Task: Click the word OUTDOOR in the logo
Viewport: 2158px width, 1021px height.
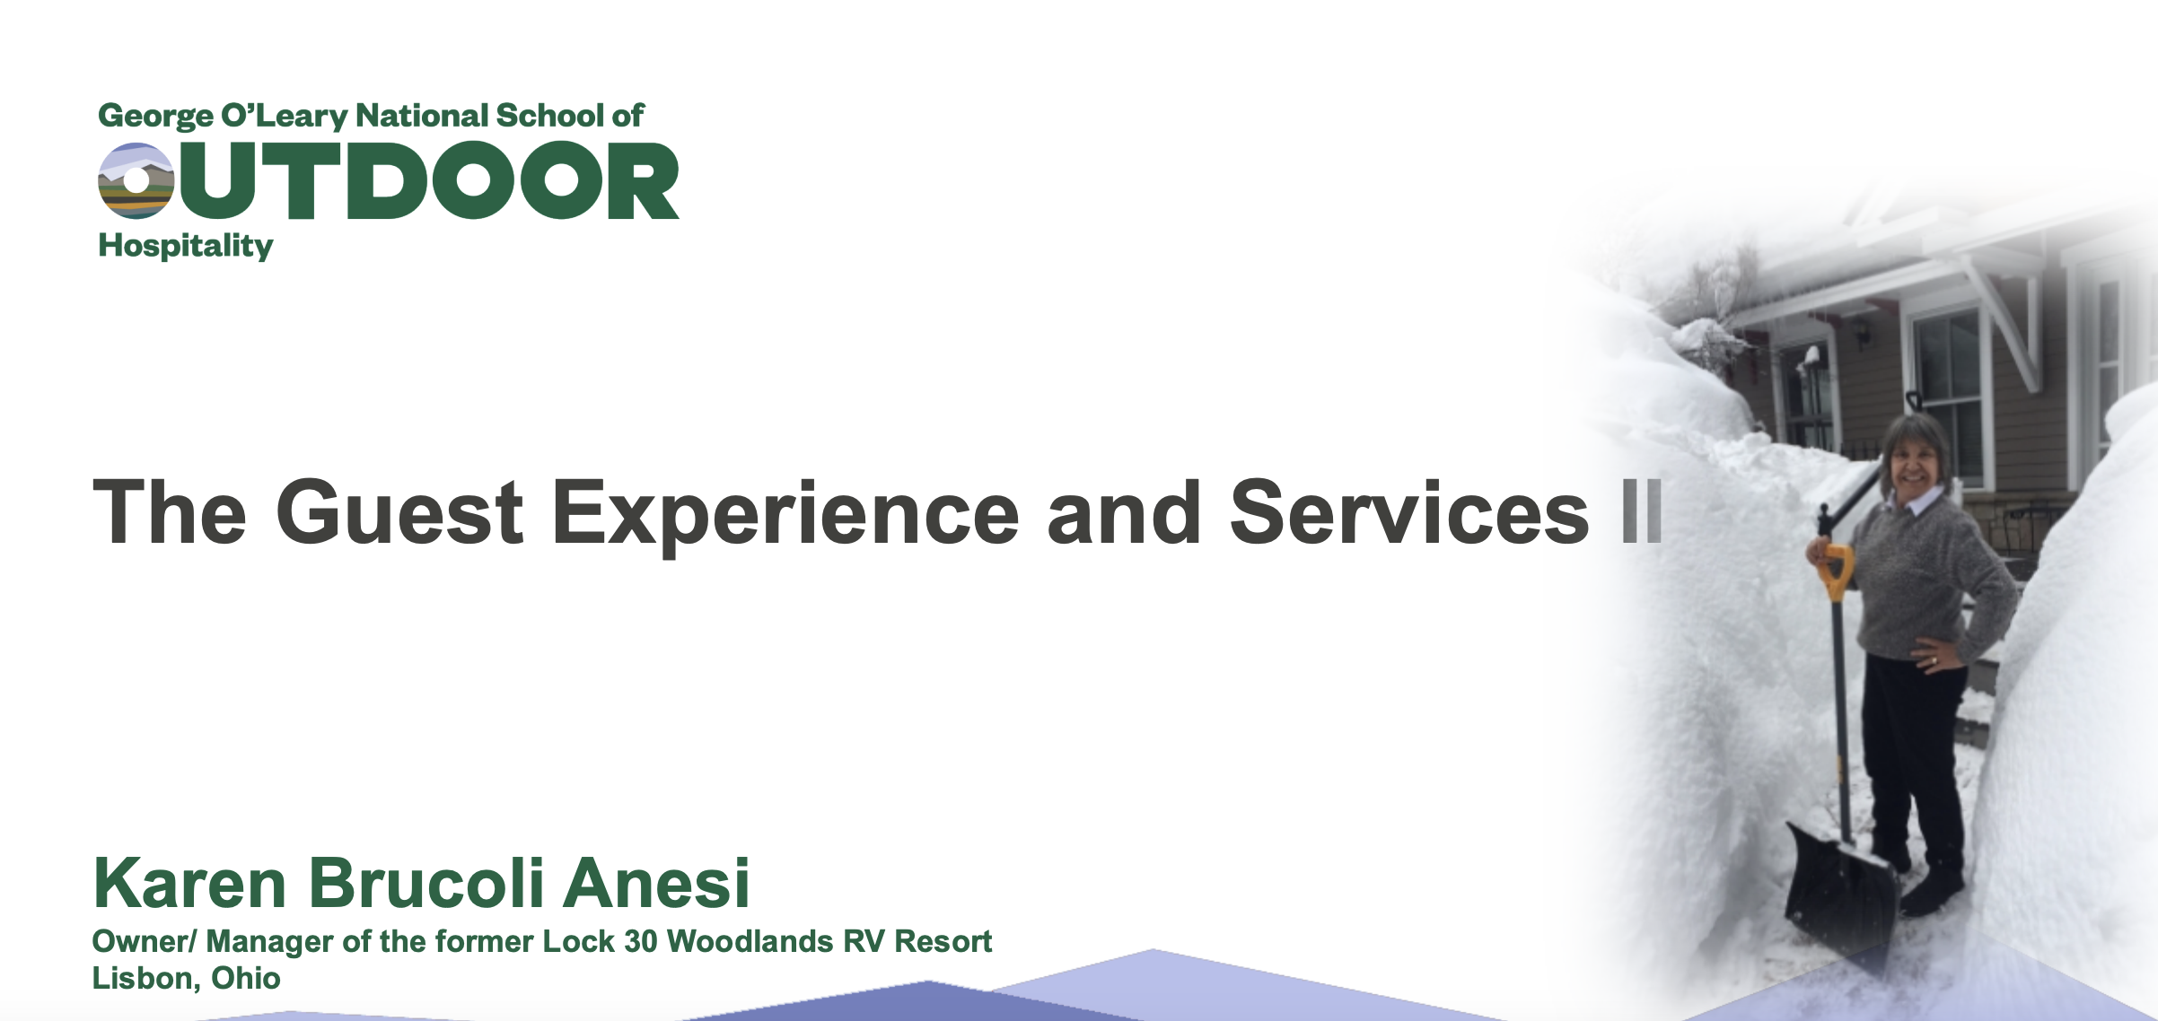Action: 389,180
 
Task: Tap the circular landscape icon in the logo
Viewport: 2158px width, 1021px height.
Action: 136,180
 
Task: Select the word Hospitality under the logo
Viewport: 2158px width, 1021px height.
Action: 186,246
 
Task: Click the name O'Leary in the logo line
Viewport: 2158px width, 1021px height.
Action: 285,117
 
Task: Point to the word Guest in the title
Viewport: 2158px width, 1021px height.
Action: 399,512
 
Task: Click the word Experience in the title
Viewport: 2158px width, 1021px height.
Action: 786,516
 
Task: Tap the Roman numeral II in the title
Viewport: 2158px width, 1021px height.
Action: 1642,511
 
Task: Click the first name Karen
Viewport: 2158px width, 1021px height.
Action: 189,883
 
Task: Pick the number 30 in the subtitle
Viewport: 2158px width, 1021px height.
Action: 641,941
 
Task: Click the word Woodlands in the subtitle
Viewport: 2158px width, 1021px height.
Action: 750,941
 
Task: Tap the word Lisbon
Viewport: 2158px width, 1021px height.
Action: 146,978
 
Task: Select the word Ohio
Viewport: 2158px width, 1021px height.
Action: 246,978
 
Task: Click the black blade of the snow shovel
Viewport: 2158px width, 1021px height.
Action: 1840,892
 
